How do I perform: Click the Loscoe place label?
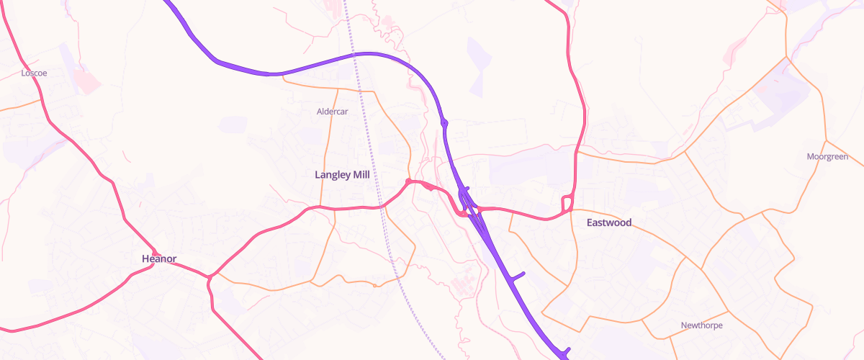(34, 73)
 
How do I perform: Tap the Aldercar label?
(333, 112)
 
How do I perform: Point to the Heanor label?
(159, 258)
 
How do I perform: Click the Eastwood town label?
(608, 222)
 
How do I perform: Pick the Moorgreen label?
(827, 156)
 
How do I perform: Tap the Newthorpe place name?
(702, 325)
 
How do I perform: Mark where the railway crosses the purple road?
(355, 54)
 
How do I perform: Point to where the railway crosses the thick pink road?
(382, 207)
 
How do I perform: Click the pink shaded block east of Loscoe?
(86, 82)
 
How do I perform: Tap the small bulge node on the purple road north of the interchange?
(445, 123)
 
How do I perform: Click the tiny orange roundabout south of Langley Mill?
(375, 285)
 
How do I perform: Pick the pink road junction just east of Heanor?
(209, 276)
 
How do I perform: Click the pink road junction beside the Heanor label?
(153, 265)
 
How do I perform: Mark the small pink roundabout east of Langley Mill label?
(408, 181)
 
